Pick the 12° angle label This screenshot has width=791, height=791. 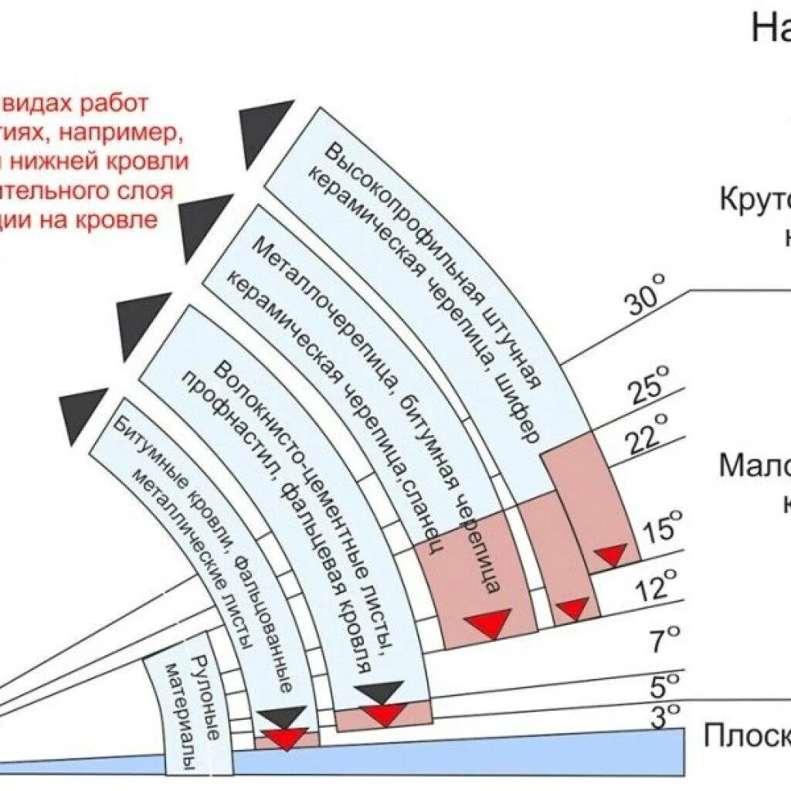656,587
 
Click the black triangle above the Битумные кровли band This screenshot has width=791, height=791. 83,414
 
